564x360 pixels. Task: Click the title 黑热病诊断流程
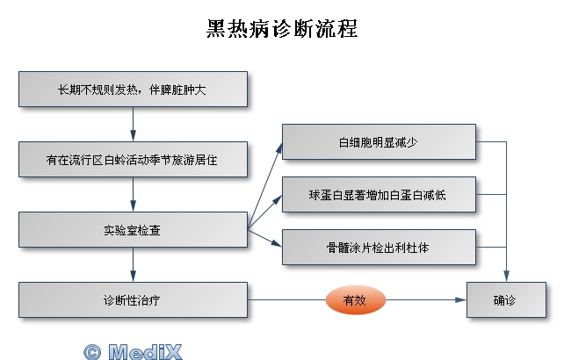[282, 28]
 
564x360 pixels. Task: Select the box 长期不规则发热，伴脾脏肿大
[133, 90]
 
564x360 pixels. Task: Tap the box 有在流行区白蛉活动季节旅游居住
[133, 159]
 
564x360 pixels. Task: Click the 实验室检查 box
[133, 229]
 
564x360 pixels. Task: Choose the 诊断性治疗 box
[133, 299]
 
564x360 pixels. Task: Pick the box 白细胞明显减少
[379, 141]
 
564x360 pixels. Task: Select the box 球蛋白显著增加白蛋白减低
[379, 195]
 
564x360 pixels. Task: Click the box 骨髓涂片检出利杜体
[379, 247]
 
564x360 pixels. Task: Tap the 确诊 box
[506, 299]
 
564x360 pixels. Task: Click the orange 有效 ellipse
[356, 299]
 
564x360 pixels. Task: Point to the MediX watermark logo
[133, 352]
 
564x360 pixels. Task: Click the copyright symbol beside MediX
[92, 352]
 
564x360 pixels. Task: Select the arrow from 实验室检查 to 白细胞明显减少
[265, 185]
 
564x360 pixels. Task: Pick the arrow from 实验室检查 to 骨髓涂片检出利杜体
[265, 238]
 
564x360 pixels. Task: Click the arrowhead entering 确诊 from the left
[460, 299]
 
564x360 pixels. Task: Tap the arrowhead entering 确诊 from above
[506, 277]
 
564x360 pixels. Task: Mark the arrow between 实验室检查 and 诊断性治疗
[133, 264]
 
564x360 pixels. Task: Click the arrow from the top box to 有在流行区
[133, 124]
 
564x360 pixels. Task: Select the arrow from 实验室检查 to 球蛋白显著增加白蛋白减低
[265, 212]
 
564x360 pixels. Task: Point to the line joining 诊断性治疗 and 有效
[286, 299]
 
